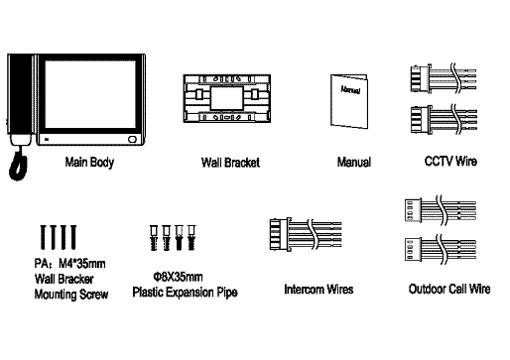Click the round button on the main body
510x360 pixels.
[132, 139]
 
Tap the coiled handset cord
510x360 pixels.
[18, 165]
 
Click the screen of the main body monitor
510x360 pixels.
[90, 95]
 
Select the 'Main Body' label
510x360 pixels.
[89, 163]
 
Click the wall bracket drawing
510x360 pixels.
[227, 98]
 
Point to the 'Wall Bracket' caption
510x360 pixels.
[230, 163]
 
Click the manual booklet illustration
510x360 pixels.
[349, 101]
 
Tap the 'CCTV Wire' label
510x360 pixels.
[450, 162]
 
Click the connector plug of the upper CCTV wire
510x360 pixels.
[421, 78]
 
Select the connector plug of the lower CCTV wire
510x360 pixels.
[421, 120]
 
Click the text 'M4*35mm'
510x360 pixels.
[82, 264]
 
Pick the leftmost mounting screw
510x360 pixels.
[43, 237]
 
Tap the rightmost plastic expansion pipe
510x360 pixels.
[191, 237]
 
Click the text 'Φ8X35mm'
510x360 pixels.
[178, 277]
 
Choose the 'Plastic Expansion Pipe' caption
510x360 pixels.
[185, 293]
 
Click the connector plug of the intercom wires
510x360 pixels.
[280, 234]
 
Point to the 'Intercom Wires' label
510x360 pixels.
[319, 290]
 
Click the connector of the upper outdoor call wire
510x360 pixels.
[413, 210]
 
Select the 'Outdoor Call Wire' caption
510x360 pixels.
[449, 289]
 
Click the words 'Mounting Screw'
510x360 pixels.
[71, 295]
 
